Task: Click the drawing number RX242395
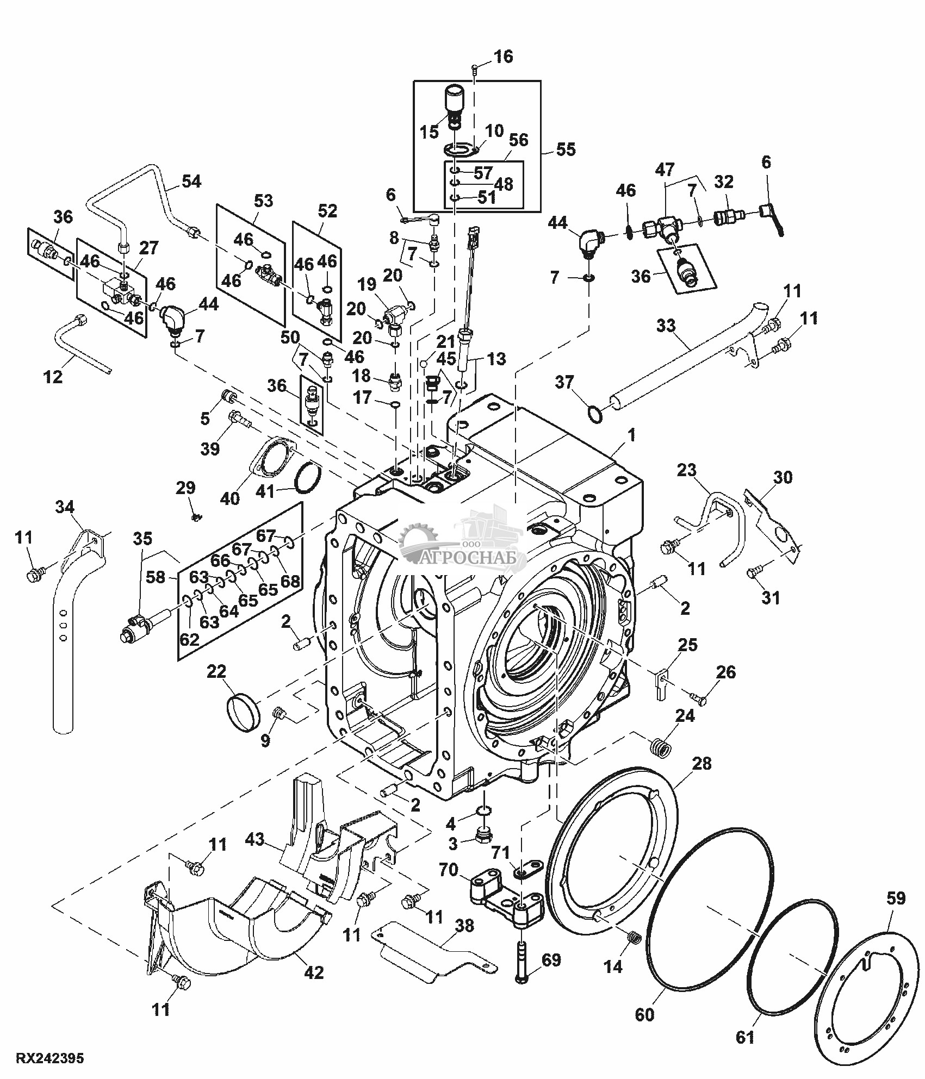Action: (49, 1059)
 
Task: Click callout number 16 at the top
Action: (503, 57)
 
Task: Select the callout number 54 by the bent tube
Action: (191, 182)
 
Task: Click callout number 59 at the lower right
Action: (896, 899)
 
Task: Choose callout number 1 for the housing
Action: (631, 435)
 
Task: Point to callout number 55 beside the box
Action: (566, 149)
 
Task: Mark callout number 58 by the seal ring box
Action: (156, 577)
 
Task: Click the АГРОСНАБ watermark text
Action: (473, 558)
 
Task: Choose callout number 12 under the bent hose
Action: (53, 376)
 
